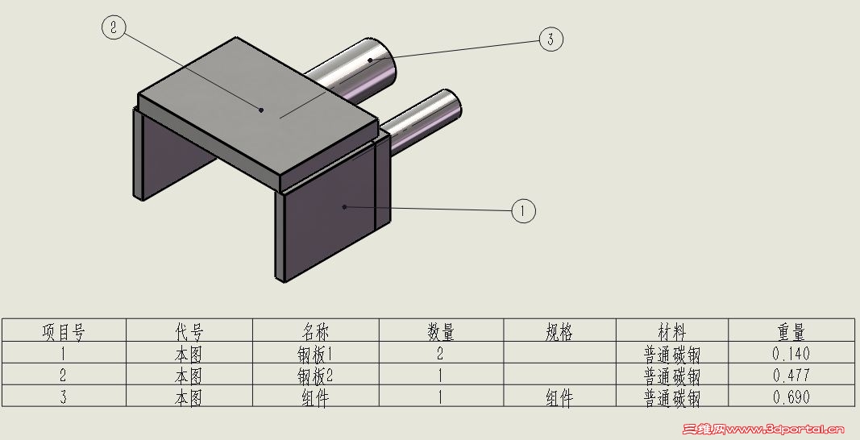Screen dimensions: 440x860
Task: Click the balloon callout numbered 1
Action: [x=524, y=211]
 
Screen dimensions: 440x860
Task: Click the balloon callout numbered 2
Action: [x=114, y=27]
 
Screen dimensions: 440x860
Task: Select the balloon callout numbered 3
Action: [x=550, y=39]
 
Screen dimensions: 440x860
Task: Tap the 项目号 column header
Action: [x=64, y=330]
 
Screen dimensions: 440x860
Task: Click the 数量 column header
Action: [x=441, y=330]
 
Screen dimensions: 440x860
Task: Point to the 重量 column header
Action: [x=791, y=330]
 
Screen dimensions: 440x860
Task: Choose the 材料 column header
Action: [x=671, y=330]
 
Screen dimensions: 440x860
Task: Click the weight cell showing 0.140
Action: [x=791, y=353]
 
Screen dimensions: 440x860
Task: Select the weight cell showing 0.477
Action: [x=791, y=375]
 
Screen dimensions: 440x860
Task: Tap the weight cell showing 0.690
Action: [x=791, y=396]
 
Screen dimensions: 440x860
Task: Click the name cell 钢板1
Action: [x=315, y=353]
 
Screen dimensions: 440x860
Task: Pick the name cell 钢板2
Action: [x=315, y=375]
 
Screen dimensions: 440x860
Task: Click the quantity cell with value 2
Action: [x=441, y=353]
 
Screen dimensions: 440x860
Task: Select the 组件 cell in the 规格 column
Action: [x=559, y=396]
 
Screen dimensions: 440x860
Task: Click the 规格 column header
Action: [x=559, y=330]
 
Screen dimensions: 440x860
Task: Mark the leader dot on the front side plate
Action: [x=344, y=207]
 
